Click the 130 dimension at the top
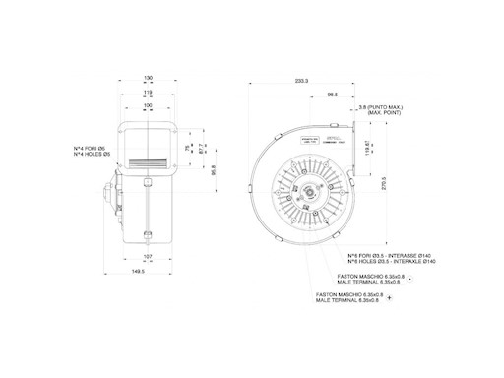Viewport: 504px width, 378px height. pos(148,78)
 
